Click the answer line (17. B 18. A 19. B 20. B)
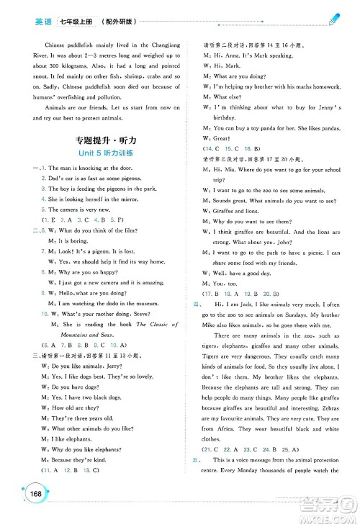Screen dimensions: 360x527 pos(239,294)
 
